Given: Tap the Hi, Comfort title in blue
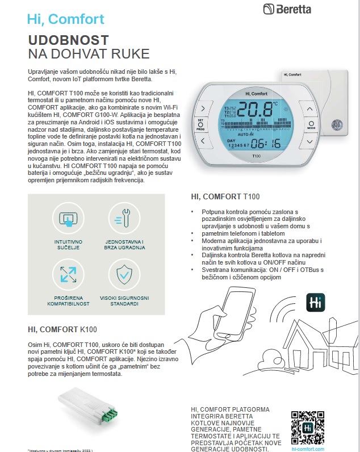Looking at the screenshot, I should pyautogui.click(x=66, y=19).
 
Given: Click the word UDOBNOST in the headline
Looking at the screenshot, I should pyautogui.click(x=68, y=41).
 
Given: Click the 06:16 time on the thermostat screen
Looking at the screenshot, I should pyautogui.click(x=266, y=143).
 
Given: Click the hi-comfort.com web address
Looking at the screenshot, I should pyautogui.click(x=307, y=448).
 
